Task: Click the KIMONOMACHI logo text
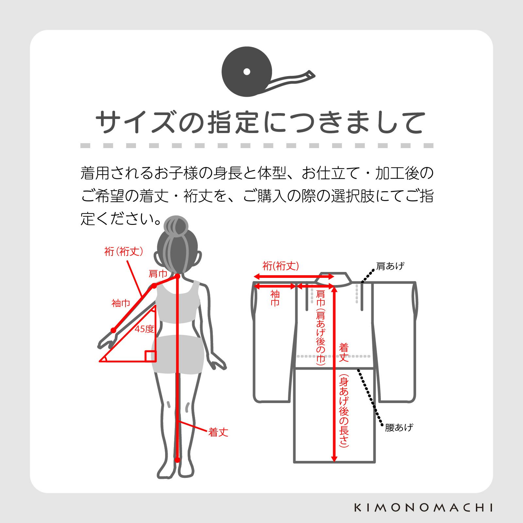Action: coord(423,508)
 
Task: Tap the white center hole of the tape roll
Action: coord(247,72)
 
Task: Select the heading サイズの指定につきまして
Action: coord(261,123)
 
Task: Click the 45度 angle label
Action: coord(144,329)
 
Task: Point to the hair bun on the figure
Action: coord(176,226)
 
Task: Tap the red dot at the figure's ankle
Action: coord(177,460)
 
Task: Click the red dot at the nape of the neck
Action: coord(177,277)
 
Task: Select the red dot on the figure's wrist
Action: coord(113,330)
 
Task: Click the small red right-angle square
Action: coord(150,356)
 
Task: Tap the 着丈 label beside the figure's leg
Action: coord(218,432)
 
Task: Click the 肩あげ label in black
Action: coord(390,266)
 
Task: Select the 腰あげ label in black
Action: coord(399,427)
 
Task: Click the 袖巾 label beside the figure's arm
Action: coord(121,303)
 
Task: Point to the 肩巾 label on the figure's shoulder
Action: coord(158,274)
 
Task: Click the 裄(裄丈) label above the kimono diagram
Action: coord(281,266)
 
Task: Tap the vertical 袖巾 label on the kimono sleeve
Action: coord(275,298)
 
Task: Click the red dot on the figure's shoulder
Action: coord(154,286)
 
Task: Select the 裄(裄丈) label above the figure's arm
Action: coord(124,251)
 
